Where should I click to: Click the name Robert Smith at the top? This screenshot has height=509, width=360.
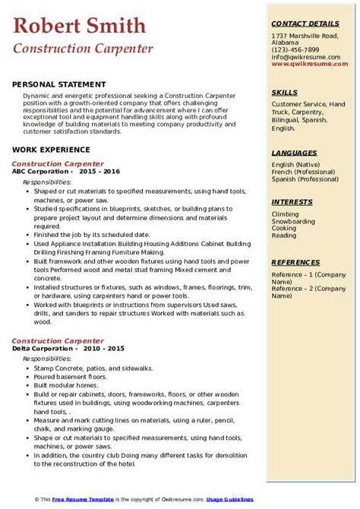(x=80, y=27)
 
